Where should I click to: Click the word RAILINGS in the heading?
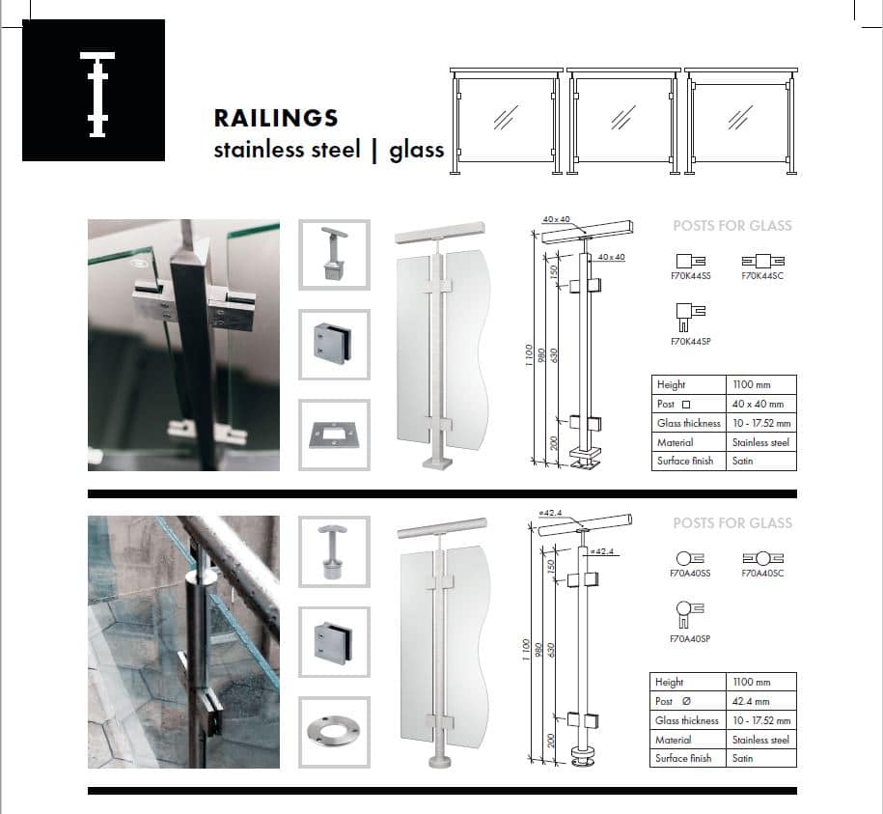[276, 119]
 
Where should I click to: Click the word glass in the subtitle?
[417, 150]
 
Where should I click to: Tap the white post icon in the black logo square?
[97, 94]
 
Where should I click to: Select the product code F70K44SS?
[690, 276]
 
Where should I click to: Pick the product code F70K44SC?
[762, 276]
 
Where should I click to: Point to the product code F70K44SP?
[690, 342]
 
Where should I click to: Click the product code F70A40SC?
[762, 574]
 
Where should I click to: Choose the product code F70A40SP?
[690, 639]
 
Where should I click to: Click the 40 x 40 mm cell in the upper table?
[758, 404]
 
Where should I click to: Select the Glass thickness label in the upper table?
[689, 423]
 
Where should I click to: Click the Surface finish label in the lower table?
[683, 758]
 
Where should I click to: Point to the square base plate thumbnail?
[335, 435]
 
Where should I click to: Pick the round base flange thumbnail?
[335, 732]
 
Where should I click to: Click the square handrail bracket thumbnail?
[335, 255]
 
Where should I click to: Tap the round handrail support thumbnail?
[335, 552]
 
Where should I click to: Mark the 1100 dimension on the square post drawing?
[529, 355]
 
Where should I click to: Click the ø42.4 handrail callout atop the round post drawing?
[550, 513]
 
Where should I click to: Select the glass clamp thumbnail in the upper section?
[335, 344]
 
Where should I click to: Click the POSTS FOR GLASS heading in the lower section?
[732, 523]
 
